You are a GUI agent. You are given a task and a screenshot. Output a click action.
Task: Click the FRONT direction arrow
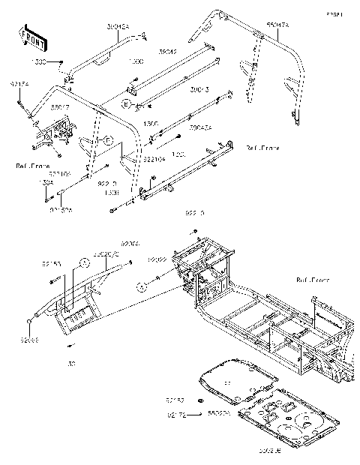pos(30,35)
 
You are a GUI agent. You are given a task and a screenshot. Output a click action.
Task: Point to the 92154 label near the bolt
pos(19,88)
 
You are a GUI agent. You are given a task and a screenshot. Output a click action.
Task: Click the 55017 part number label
pos(61,107)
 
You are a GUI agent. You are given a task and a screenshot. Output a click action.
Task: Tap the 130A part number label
pos(46,182)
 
